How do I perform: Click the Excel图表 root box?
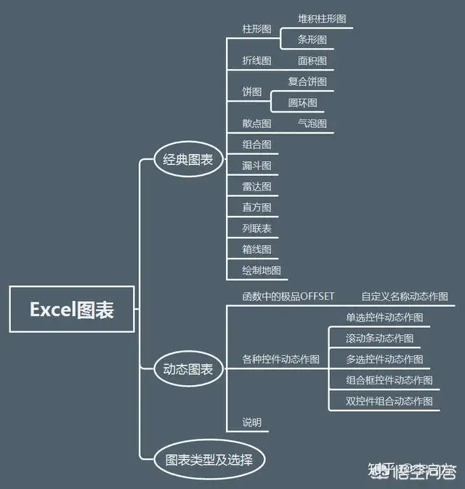coord(71,310)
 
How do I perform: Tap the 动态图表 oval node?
coord(188,369)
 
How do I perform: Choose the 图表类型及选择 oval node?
coord(209,459)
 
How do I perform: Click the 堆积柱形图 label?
coord(322,18)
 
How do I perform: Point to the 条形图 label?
coord(312,39)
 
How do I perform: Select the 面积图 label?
coord(312,60)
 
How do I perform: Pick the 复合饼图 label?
coord(307,81)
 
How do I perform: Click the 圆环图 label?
coord(302,102)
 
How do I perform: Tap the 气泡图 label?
coord(312,124)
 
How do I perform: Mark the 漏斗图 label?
coord(256,166)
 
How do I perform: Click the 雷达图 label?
coord(256,187)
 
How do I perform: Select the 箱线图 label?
coord(256,249)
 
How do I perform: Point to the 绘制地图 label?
coord(262,270)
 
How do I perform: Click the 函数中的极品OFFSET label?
coord(288,296)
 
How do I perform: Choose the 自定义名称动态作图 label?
coord(405,296)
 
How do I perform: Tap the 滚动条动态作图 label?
coord(380,338)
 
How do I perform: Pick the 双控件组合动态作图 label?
coord(389,401)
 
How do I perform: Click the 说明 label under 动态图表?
coord(252,422)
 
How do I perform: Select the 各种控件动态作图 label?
coord(281,359)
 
